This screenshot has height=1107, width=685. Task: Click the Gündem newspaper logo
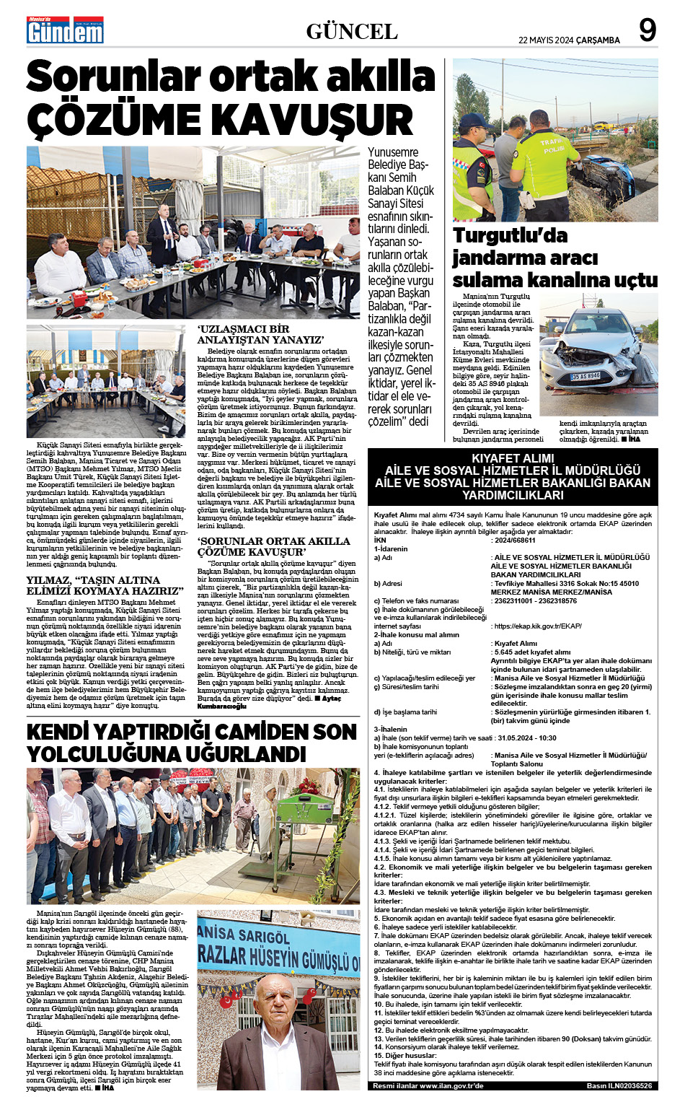pyautogui.click(x=65, y=30)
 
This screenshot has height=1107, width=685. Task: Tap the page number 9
pyautogui.click(x=648, y=31)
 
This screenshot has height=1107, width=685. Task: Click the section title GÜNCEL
pyautogui.click(x=352, y=32)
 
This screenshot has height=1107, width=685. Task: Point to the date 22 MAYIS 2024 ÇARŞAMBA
pyautogui.click(x=569, y=40)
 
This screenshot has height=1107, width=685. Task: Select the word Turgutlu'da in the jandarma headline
pyautogui.click(x=511, y=236)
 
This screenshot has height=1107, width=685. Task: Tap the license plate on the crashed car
pyautogui.click(x=585, y=376)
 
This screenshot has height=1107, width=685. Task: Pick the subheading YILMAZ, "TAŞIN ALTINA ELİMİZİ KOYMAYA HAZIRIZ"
pyautogui.click(x=105, y=585)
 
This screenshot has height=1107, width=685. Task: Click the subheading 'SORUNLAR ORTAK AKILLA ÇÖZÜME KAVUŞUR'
pyautogui.click(x=273, y=546)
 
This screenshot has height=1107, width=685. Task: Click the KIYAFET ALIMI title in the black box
pyautogui.click(x=513, y=458)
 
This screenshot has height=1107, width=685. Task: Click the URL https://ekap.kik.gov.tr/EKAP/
pyautogui.click(x=538, y=626)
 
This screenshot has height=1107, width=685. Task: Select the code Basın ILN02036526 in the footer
pyautogui.click(x=619, y=1085)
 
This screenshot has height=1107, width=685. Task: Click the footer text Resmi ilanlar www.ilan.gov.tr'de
pyautogui.click(x=428, y=1085)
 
